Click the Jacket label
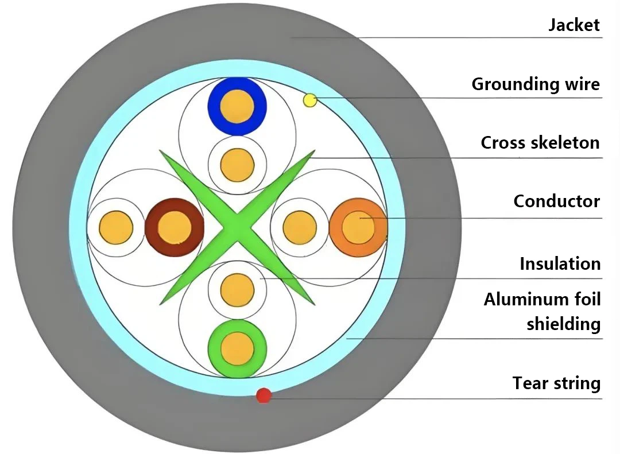[x=573, y=25]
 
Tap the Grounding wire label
[x=535, y=84]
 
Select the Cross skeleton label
[x=540, y=142]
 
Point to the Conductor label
[x=556, y=201]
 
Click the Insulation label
[x=560, y=264]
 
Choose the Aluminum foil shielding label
[x=542, y=311]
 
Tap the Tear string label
[x=556, y=383]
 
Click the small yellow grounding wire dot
[x=310, y=100]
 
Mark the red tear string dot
[x=263, y=395]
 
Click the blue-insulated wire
[x=237, y=106]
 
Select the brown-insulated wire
[x=174, y=228]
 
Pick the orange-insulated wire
[x=358, y=228]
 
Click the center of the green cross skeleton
[x=237, y=228]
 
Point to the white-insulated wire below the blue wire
[x=237, y=165]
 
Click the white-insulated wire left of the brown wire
[x=116, y=228]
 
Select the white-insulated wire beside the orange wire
[x=300, y=228]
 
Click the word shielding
[x=563, y=324]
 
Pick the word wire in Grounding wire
[x=582, y=84]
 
